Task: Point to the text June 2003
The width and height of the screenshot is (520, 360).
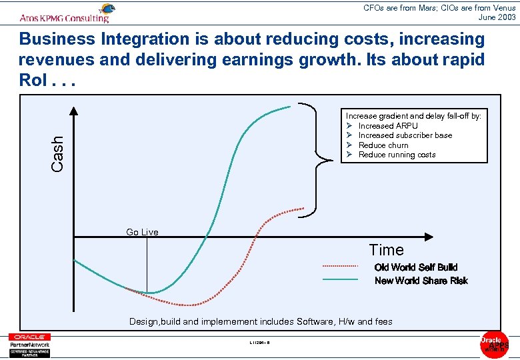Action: [497, 17]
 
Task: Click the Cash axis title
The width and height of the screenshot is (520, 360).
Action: [58, 153]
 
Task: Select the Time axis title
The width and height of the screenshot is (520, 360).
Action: [387, 250]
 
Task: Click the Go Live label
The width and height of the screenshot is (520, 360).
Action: [142, 232]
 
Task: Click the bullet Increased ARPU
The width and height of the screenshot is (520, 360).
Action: [387, 125]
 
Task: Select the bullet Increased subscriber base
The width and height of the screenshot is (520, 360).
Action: [405, 135]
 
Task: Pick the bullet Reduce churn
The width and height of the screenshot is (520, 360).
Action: [383, 145]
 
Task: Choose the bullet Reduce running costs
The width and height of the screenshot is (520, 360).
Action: [397, 155]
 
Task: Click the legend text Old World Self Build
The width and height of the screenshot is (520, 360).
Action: [416, 267]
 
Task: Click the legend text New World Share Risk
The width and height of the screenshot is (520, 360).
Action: [421, 281]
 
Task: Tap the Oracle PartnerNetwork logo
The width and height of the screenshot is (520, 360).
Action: [29, 345]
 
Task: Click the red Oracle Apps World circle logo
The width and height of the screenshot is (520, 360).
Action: [494, 343]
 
